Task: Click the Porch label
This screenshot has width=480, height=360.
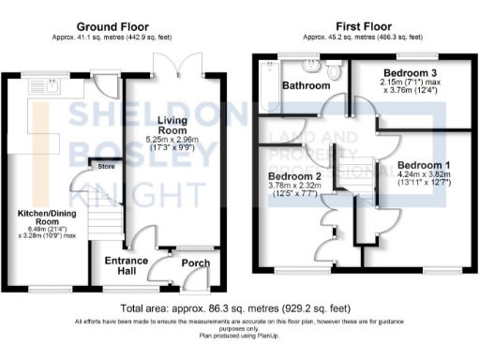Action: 196,262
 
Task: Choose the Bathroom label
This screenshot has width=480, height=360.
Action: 306,84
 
